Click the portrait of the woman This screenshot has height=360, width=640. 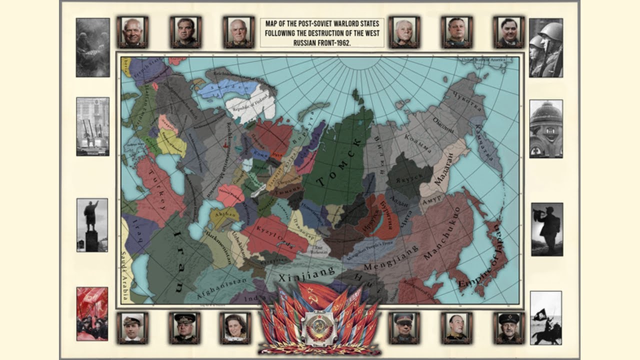(x=235, y=327)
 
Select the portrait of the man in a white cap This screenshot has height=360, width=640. (x=132, y=327)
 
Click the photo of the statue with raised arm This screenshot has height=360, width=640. (x=91, y=224)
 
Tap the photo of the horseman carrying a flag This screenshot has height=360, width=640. (x=545, y=318)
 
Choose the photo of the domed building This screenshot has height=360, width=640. (x=545, y=128)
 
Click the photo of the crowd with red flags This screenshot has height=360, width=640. (x=91, y=313)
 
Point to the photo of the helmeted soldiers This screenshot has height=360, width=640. (x=545, y=47)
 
